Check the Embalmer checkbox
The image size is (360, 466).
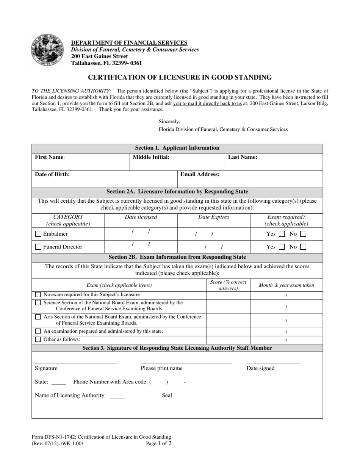pos(38,234)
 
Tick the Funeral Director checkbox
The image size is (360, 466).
pos(38,247)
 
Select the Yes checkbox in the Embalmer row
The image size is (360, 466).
pos(282,234)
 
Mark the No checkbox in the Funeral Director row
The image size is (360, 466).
pos(303,247)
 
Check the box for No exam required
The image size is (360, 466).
pos(38,295)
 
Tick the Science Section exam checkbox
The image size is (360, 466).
pos(38,303)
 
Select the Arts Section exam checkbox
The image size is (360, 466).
pos(38,317)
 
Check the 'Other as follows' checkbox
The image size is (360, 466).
pos(38,339)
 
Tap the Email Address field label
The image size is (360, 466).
pos(200,175)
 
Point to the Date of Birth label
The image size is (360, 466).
pos(52,175)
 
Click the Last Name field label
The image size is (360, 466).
pos(243,157)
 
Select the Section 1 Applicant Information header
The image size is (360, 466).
pos(177,148)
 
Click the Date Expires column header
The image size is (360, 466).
pos(214,217)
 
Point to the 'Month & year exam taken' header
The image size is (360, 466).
pos(286,285)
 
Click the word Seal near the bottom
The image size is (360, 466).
pos(167,396)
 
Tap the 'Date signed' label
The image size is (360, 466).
pos(260,368)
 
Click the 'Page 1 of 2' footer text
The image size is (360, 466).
pos(159,443)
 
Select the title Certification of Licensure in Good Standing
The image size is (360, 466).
pos(180,78)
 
